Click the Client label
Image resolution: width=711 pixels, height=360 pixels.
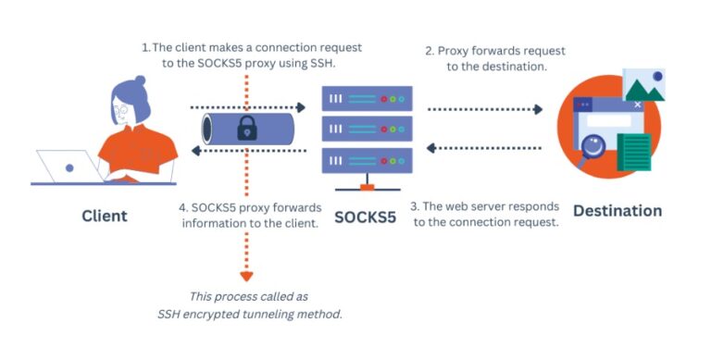point(104,216)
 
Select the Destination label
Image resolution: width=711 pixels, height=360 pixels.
point(617,211)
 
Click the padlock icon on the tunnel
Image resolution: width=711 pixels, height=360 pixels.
point(246,129)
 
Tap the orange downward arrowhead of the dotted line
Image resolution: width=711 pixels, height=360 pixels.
point(246,275)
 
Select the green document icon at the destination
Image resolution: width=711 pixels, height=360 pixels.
point(634,151)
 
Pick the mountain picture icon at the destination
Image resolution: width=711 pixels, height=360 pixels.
point(645,85)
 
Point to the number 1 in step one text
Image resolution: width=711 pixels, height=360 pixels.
point(144,47)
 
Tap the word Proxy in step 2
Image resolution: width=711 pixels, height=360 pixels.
point(456,50)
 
